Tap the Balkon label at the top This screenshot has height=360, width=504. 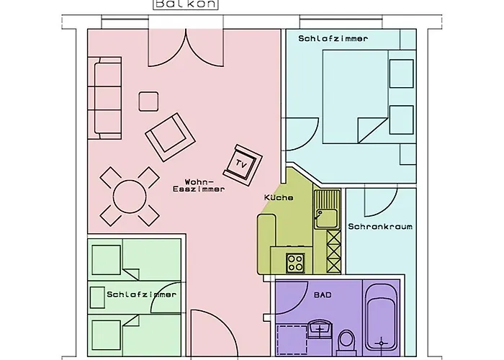(175, 4)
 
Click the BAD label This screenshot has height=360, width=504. (320, 295)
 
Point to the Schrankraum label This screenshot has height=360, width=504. (380, 227)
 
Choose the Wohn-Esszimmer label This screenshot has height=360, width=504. (199, 185)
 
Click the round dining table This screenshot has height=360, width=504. (130, 195)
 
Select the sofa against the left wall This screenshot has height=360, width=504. (107, 99)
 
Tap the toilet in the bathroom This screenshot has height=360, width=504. (346, 340)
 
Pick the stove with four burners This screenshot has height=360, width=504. (295, 263)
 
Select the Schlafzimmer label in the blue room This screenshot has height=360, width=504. (333, 38)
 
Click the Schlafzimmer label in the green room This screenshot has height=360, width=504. (141, 294)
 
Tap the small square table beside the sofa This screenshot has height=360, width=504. (149, 102)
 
